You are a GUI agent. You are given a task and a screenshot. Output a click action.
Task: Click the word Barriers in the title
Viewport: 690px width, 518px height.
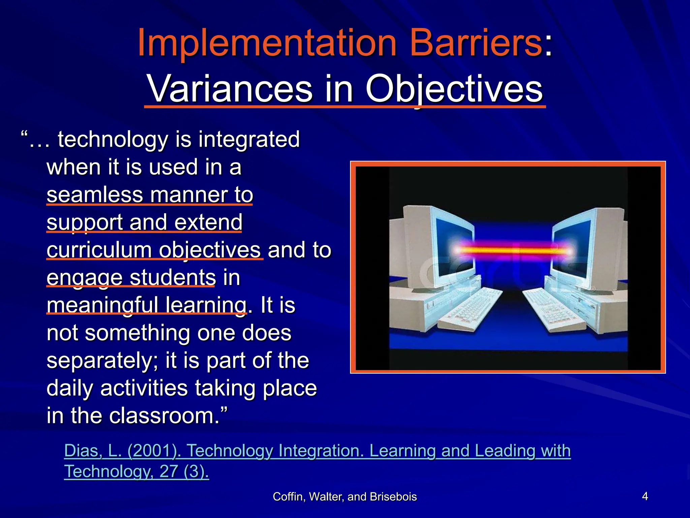(x=475, y=43)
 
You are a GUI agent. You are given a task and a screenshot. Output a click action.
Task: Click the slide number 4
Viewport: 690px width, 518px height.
(x=645, y=496)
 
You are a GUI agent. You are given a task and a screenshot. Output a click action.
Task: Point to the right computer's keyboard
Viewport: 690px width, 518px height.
(x=553, y=310)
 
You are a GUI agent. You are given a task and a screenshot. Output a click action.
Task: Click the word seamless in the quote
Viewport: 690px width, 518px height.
(x=95, y=195)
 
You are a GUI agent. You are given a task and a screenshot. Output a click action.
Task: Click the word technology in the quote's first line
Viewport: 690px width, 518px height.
(x=113, y=140)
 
